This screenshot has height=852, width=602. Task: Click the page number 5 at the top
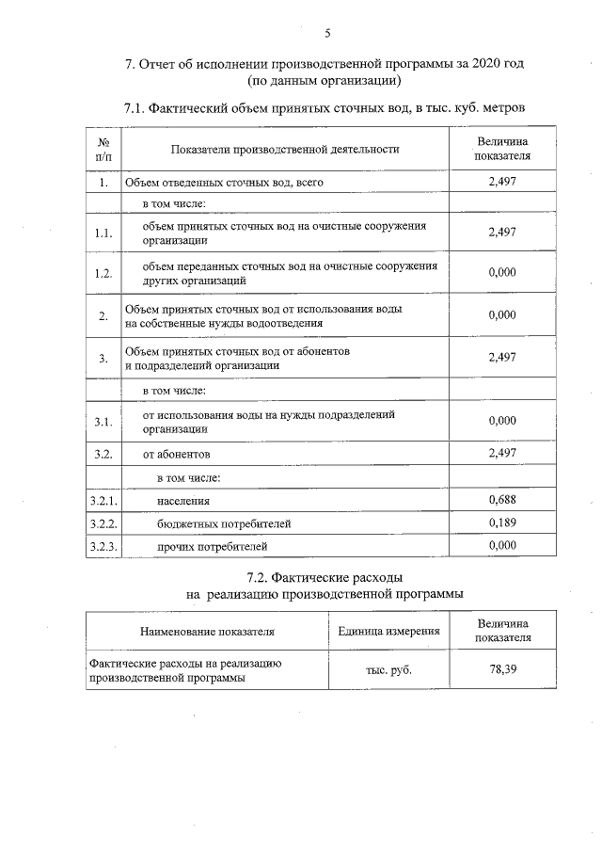click(x=327, y=34)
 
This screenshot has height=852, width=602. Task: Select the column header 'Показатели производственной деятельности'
click(x=285, y=149)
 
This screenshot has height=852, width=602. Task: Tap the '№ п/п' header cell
click(x=103, y=149)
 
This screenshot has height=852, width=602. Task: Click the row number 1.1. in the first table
click(x=103, y=233)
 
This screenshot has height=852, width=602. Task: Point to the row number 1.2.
click(x=103, y=273)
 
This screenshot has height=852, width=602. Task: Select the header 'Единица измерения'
click(x=389, y=630)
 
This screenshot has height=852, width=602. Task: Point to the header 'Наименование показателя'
click(x=207, y=631)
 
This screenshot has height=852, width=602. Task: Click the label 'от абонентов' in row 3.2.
click(x=176, y=454)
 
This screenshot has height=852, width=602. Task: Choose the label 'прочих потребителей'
click(x=214, y=546)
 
